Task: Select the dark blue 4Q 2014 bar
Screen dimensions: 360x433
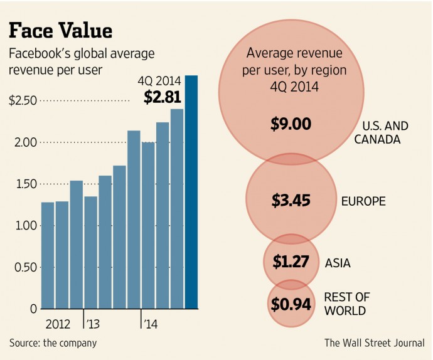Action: pyautogui.click(x=192, y=192)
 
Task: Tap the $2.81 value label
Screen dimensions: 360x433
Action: pyautogui.click(x=162, y=97)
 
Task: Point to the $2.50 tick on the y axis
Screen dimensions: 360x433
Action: pyautogui.click(x=23, y=101)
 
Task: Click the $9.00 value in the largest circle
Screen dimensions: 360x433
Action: pyautogui.click(x=291, y=124)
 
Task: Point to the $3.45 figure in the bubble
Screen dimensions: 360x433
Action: pyautogui.click(x=291, y=201)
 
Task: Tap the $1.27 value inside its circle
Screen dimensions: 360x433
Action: pyautogui.click(x=291, y=261)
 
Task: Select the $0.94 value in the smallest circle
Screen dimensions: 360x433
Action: pyautogui.click(x=291, y=305)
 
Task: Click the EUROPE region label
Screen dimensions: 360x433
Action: pyautogui.click(x=363, y=201)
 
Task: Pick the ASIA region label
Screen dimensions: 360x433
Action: pyautogui.click(x=338, y=263)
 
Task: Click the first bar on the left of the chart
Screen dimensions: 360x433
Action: pyautogui.click(x=48, y=255)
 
